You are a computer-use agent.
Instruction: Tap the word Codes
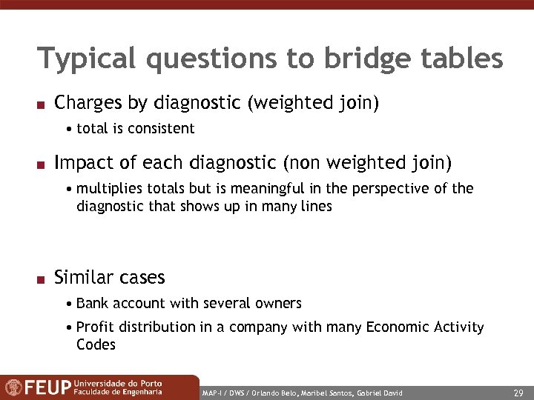(x=96, y=344)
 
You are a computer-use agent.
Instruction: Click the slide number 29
(x=518, y=392)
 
